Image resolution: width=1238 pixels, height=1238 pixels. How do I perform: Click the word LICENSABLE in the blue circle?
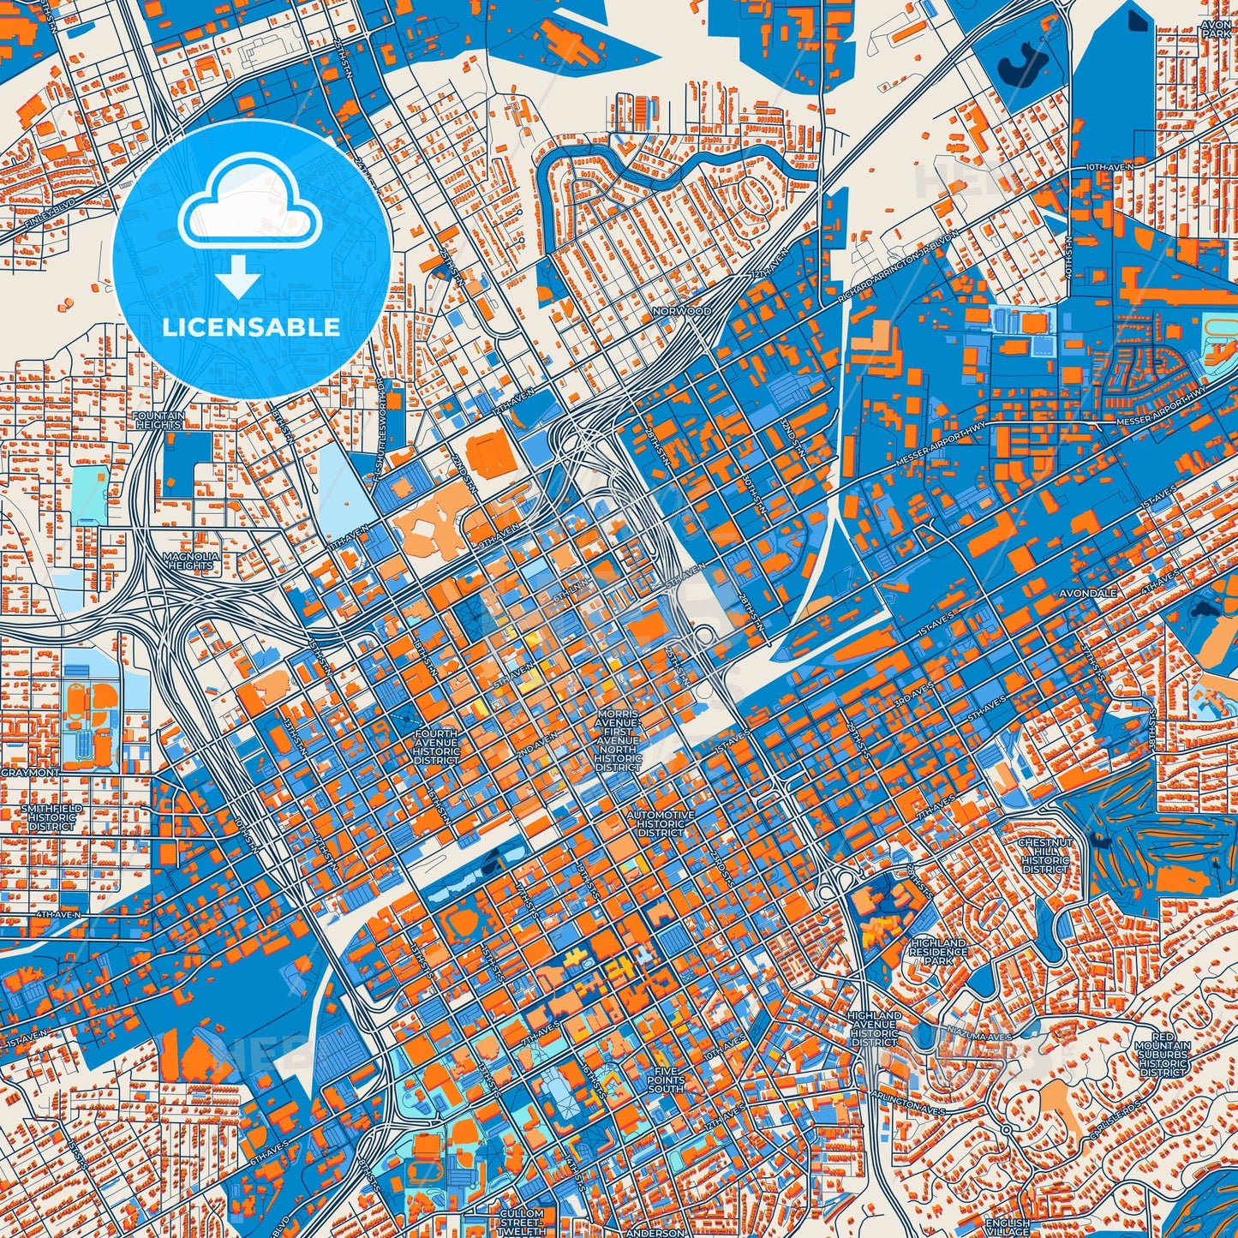coord(252,327)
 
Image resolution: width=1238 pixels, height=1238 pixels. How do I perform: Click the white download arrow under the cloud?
coord(239,278)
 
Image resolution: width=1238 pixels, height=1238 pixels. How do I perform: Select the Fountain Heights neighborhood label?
coord(158,420)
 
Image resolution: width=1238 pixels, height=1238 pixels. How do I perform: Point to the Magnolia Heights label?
coord(190,561)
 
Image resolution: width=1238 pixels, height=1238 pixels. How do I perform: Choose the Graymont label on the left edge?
coord(30,773)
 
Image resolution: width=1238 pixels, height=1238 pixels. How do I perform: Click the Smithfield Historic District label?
coord(51,817)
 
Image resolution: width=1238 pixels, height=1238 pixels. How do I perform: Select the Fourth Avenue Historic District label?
coord(436,747)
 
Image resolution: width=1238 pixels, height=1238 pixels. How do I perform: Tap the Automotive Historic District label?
coord(661,823)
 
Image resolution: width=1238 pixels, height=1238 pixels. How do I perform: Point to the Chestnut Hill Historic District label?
coord(1045,855)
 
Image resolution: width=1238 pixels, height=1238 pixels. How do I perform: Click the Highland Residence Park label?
coord(938,951)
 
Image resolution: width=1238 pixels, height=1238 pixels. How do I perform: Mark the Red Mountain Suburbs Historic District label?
coord(1163,1054)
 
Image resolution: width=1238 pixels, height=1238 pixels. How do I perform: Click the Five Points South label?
coord(666,1080)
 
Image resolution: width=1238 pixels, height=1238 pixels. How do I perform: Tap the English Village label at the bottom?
coord(1008,1227)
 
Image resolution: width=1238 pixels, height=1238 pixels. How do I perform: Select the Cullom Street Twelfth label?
coord(522,1222)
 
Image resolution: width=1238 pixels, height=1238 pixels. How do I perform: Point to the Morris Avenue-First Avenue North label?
coord(618,740)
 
